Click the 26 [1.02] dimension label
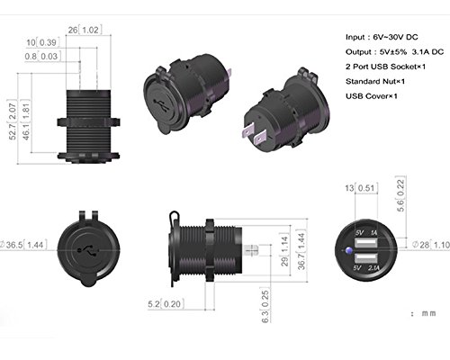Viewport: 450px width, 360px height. point(85,30)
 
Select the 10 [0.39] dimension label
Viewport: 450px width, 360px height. point(43,42)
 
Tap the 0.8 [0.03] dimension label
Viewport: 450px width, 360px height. point(42,56)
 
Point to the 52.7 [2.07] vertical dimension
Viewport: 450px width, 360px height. point(13,121)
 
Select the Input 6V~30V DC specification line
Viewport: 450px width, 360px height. point(382,37)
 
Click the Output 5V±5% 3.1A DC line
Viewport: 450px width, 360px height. point(394,52)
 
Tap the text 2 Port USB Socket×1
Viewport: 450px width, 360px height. point(385,67)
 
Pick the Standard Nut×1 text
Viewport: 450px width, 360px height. point(375,81)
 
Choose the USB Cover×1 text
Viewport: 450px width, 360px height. point(372,96)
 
